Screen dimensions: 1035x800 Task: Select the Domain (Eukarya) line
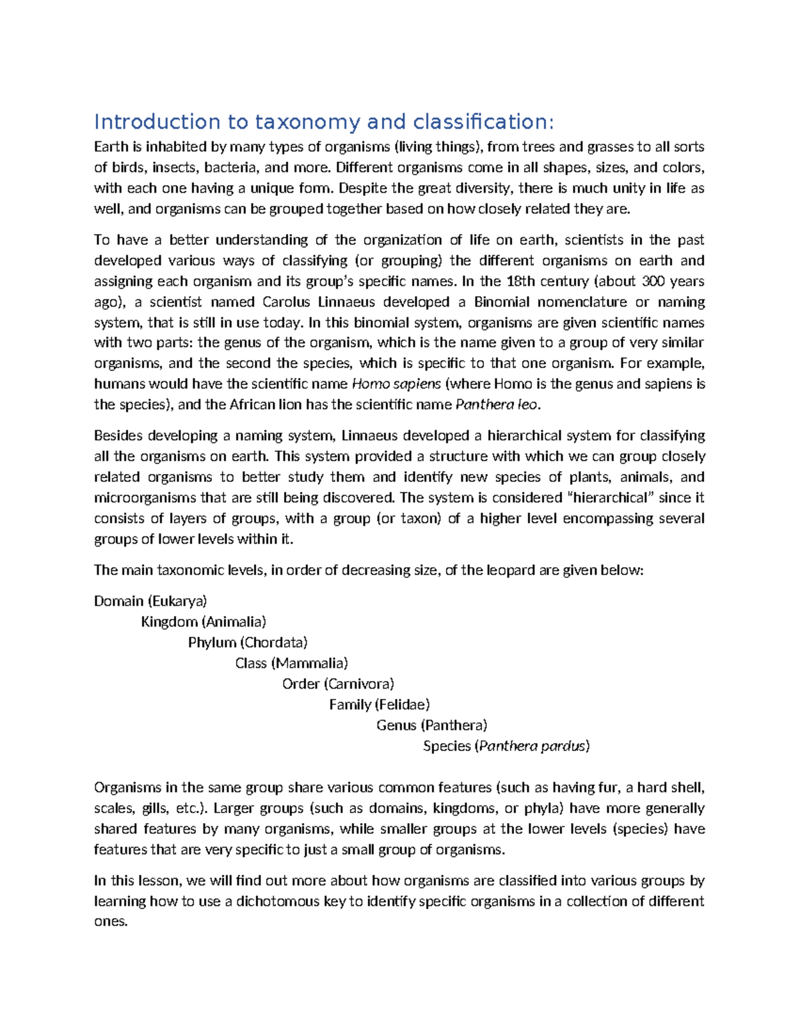point(151,601)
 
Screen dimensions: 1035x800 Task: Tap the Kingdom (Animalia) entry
point(203,622)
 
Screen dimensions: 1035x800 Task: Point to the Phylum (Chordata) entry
point(247,642)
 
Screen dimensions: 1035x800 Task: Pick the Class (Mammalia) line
point(291,663)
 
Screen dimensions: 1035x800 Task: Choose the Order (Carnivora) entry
point(338,684)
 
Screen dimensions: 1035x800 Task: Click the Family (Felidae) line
point(379,704)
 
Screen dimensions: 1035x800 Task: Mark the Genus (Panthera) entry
point(431,725)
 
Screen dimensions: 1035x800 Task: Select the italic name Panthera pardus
point(532,746)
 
